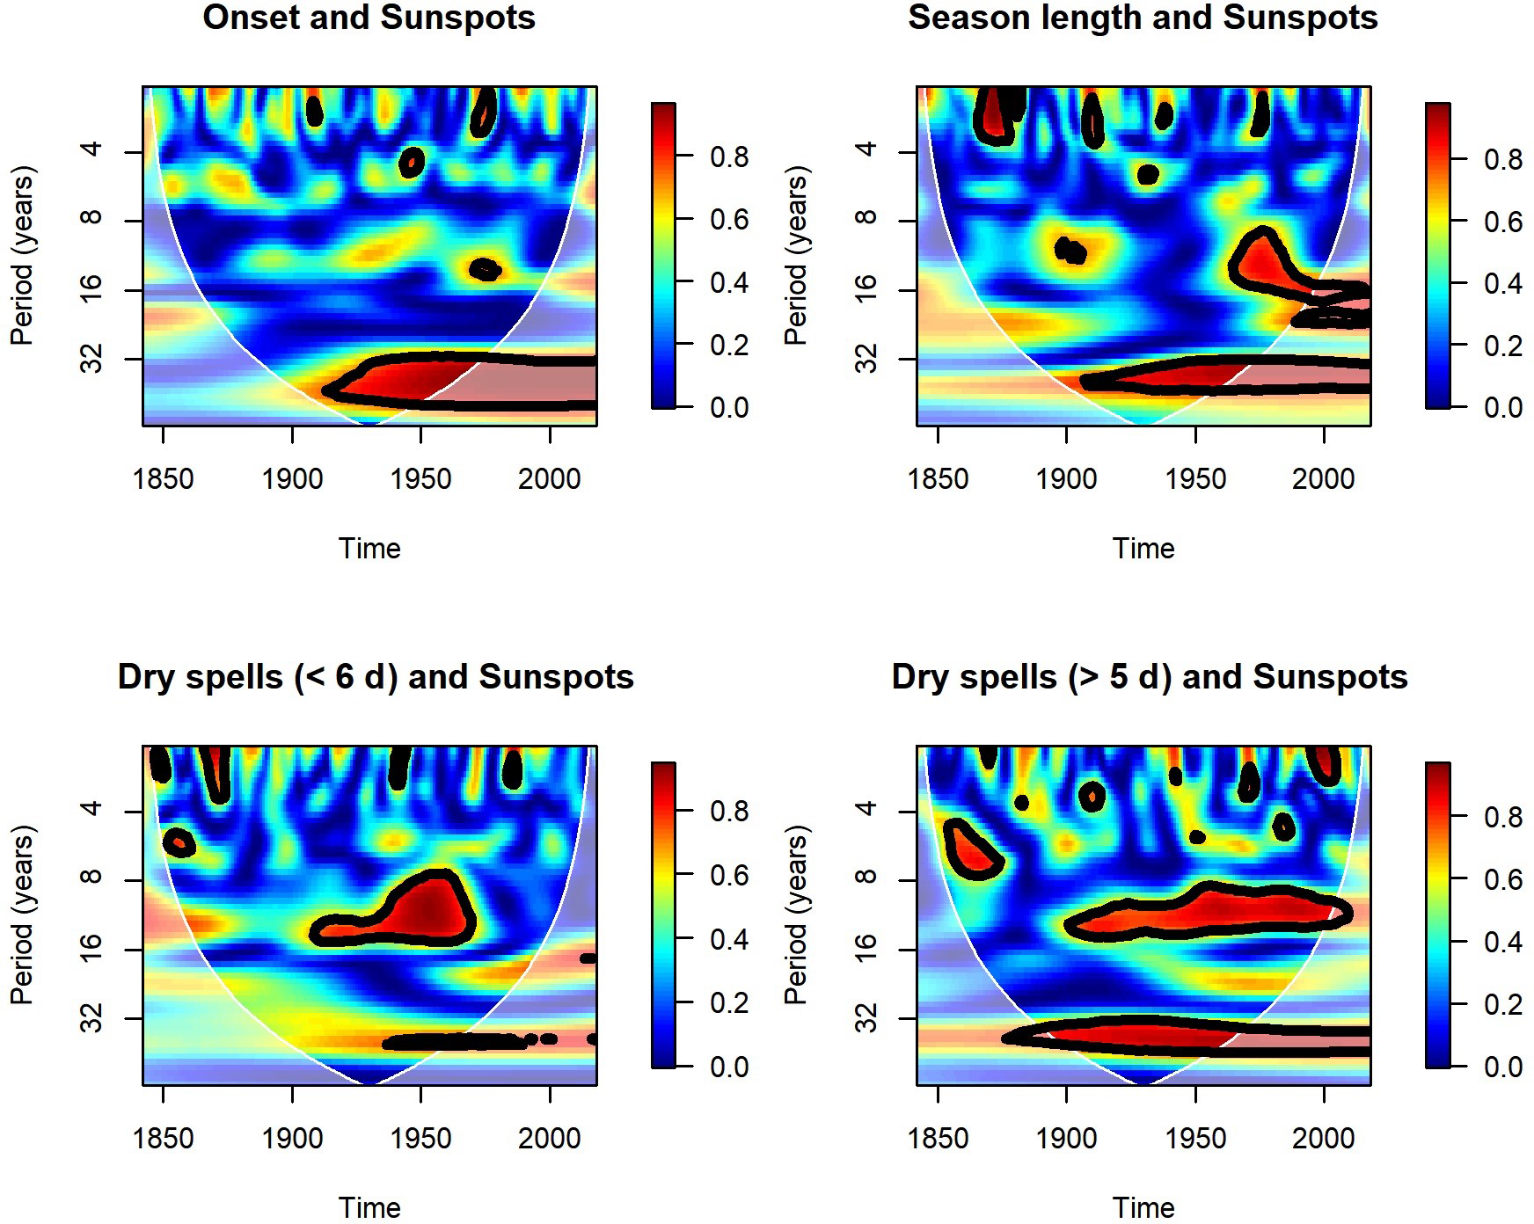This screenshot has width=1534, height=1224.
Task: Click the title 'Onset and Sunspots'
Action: pyautogui.click(x=369, y=18)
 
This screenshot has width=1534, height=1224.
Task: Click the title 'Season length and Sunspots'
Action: pyautogui.click(x=1143, y=18)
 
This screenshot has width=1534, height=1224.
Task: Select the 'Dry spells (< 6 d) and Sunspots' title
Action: pyautogui.click(x=376, y=677)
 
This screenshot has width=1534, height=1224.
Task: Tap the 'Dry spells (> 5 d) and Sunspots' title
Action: pyautogui.click(x=1150, y=677)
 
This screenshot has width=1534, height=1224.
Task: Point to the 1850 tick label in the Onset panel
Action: pyautogui.click(x=164, y=479)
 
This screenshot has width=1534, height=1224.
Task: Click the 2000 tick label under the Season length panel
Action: pyautogui.click(x=1324, y=479)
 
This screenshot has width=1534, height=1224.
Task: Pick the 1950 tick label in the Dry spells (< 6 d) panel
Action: pyautogui.click(x=421, y=1139)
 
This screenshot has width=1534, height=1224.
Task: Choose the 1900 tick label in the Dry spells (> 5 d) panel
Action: pyautogui.click(x=1067, y=1139)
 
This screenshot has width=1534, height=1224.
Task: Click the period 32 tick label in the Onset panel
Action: pyautogui.click(x=91, y=359)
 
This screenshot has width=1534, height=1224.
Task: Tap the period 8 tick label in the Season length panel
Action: pyautogui.click(x=866, y=220)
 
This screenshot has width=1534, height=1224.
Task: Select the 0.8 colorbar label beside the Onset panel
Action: pyautogui.click(x=729, y=157)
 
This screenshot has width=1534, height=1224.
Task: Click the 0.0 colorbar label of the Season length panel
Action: pyautogui.click(x=1503, y=408)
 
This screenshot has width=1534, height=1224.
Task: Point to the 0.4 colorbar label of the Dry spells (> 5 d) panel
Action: pyautogui.click(x=1503, y=942)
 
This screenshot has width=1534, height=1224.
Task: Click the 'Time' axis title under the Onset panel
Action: pyautogui.click(x=369, y=549)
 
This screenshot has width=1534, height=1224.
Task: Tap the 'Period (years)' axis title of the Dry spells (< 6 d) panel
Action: pyautogui.click(x=21, y=914)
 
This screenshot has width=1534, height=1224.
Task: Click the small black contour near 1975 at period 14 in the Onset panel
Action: pyautogui.click(x=485, y=269)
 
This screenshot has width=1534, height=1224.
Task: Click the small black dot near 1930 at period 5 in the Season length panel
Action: pyautogui.click(x=1147, y=174)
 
